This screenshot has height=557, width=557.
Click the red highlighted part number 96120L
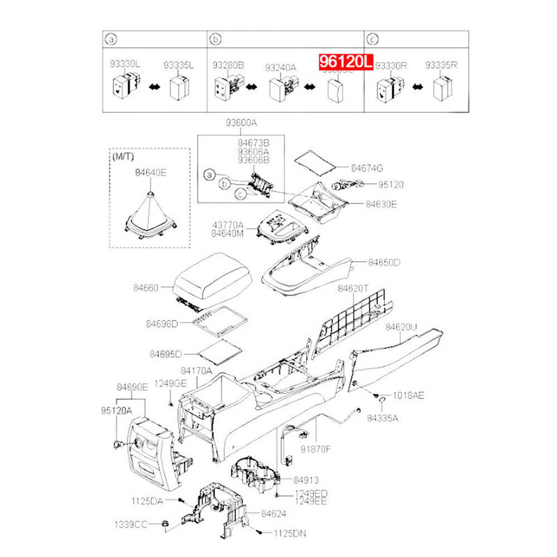click(x=346, y=62)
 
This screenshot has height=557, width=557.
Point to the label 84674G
click(x=367, y=168)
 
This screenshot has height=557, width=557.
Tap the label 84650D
click(x=384, y=263)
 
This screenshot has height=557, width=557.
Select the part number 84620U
click(x=402, y=327)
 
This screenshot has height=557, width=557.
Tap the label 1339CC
click(x=131, y=523)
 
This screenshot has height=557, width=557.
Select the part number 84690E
click(x=132, y=386)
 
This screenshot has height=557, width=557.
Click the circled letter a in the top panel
click(x=109, y=38)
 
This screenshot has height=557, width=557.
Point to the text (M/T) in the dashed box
click(x=123, y=158)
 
